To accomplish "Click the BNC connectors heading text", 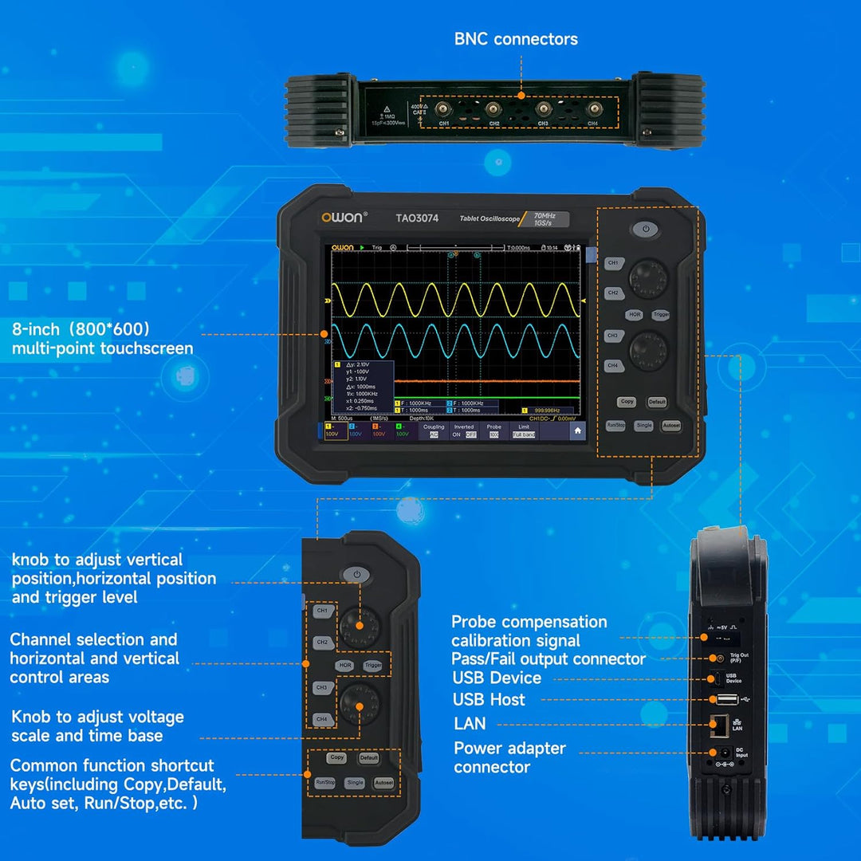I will [516, 39].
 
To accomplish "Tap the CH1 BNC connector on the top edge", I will [443, 110].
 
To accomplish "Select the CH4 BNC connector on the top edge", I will [592, 110].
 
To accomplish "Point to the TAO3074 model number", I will [417, 218].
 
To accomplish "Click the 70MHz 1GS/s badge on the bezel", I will [551, 218].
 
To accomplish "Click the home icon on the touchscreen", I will [577, 431].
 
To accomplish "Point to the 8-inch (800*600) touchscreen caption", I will [102, 339].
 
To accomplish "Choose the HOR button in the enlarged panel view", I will [344, 665].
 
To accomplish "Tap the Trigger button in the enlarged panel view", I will [372, 665].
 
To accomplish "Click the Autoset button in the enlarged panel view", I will [383, 783].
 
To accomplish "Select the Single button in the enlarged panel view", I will [355, 783].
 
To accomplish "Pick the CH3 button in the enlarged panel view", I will [321, 687].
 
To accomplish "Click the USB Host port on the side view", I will [726, 699].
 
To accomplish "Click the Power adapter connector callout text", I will [509, 757].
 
